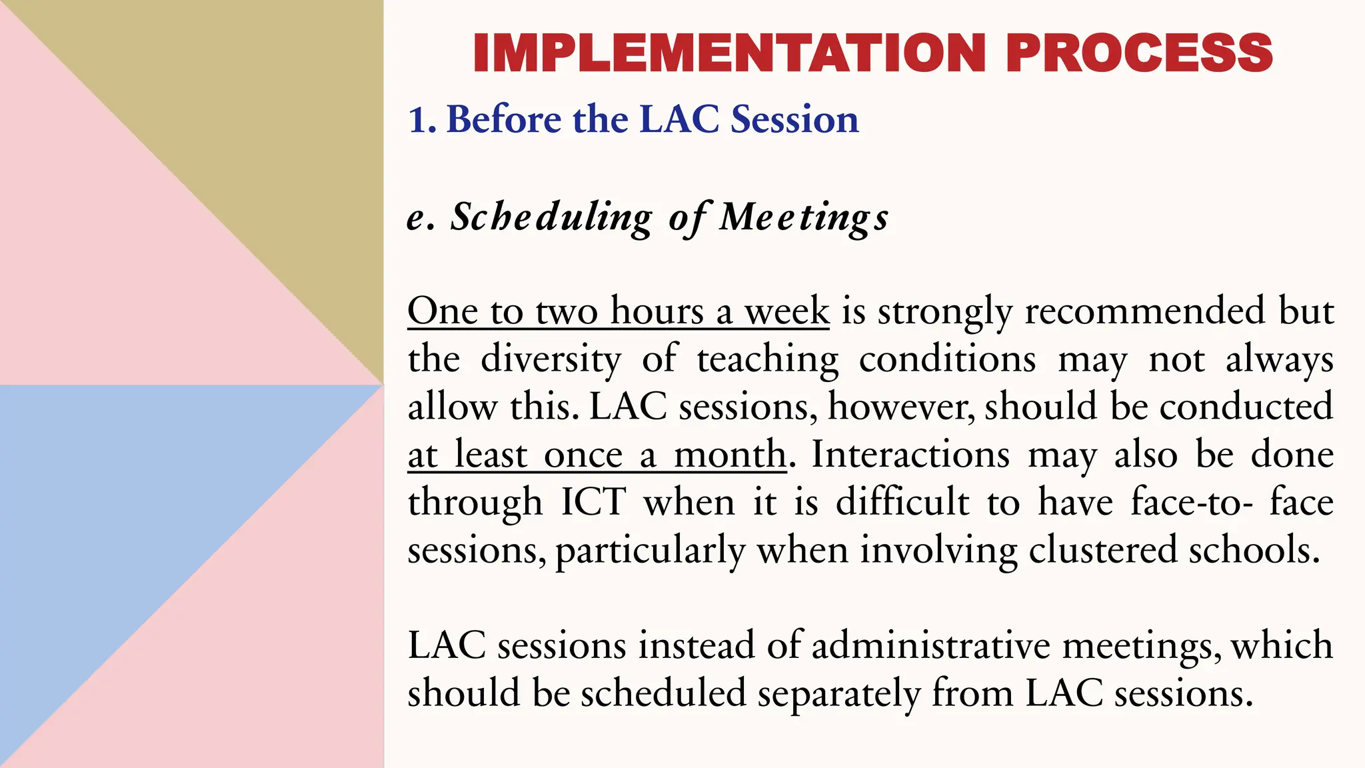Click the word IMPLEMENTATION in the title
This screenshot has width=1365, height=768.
pyautogui.click(x=728, y=53)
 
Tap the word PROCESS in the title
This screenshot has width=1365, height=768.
pyautogui.click(x=1139, y=53)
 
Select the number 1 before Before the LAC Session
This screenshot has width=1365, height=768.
pyautogui.click(x=418, y=120)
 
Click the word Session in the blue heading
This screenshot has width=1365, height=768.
pyautogui.click(x=794, y=120)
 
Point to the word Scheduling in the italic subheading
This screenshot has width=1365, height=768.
pyautogui.click(x=551, y=218)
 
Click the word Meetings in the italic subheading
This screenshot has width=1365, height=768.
pyautogui.click(x=804, y=218)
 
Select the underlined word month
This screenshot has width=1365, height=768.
pyautogui.click(x=730, y=455)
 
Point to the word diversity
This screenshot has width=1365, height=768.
pyautogui.click(x=551, y=359)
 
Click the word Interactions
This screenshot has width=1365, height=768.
pyautogui.click(x=910, y=455)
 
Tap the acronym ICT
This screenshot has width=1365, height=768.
pyautogui.click(x=593, y=503)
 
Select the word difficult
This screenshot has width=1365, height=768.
pyautogui.click(x=902, y=503)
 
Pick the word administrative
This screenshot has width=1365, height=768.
pyautogui.click(x=930, y=646)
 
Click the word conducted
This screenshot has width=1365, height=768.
pyautogui.click(x=1246, y=407)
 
